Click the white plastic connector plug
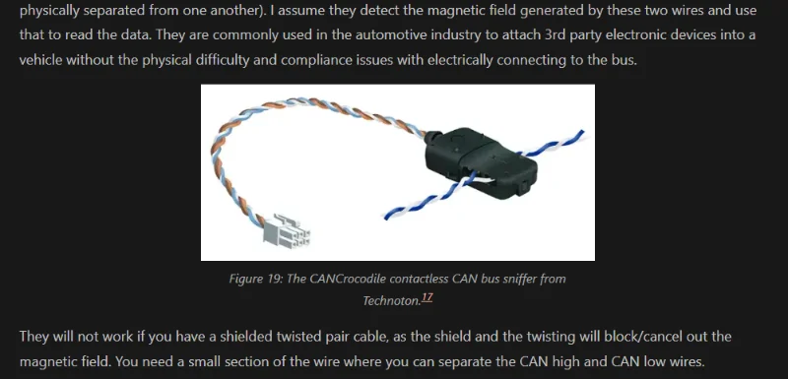[287, 232]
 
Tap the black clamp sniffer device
[481, 162]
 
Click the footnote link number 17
[427, 297]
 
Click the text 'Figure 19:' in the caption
[256, 280]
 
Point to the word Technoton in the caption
[390, 300]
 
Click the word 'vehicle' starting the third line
[40, 60]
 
